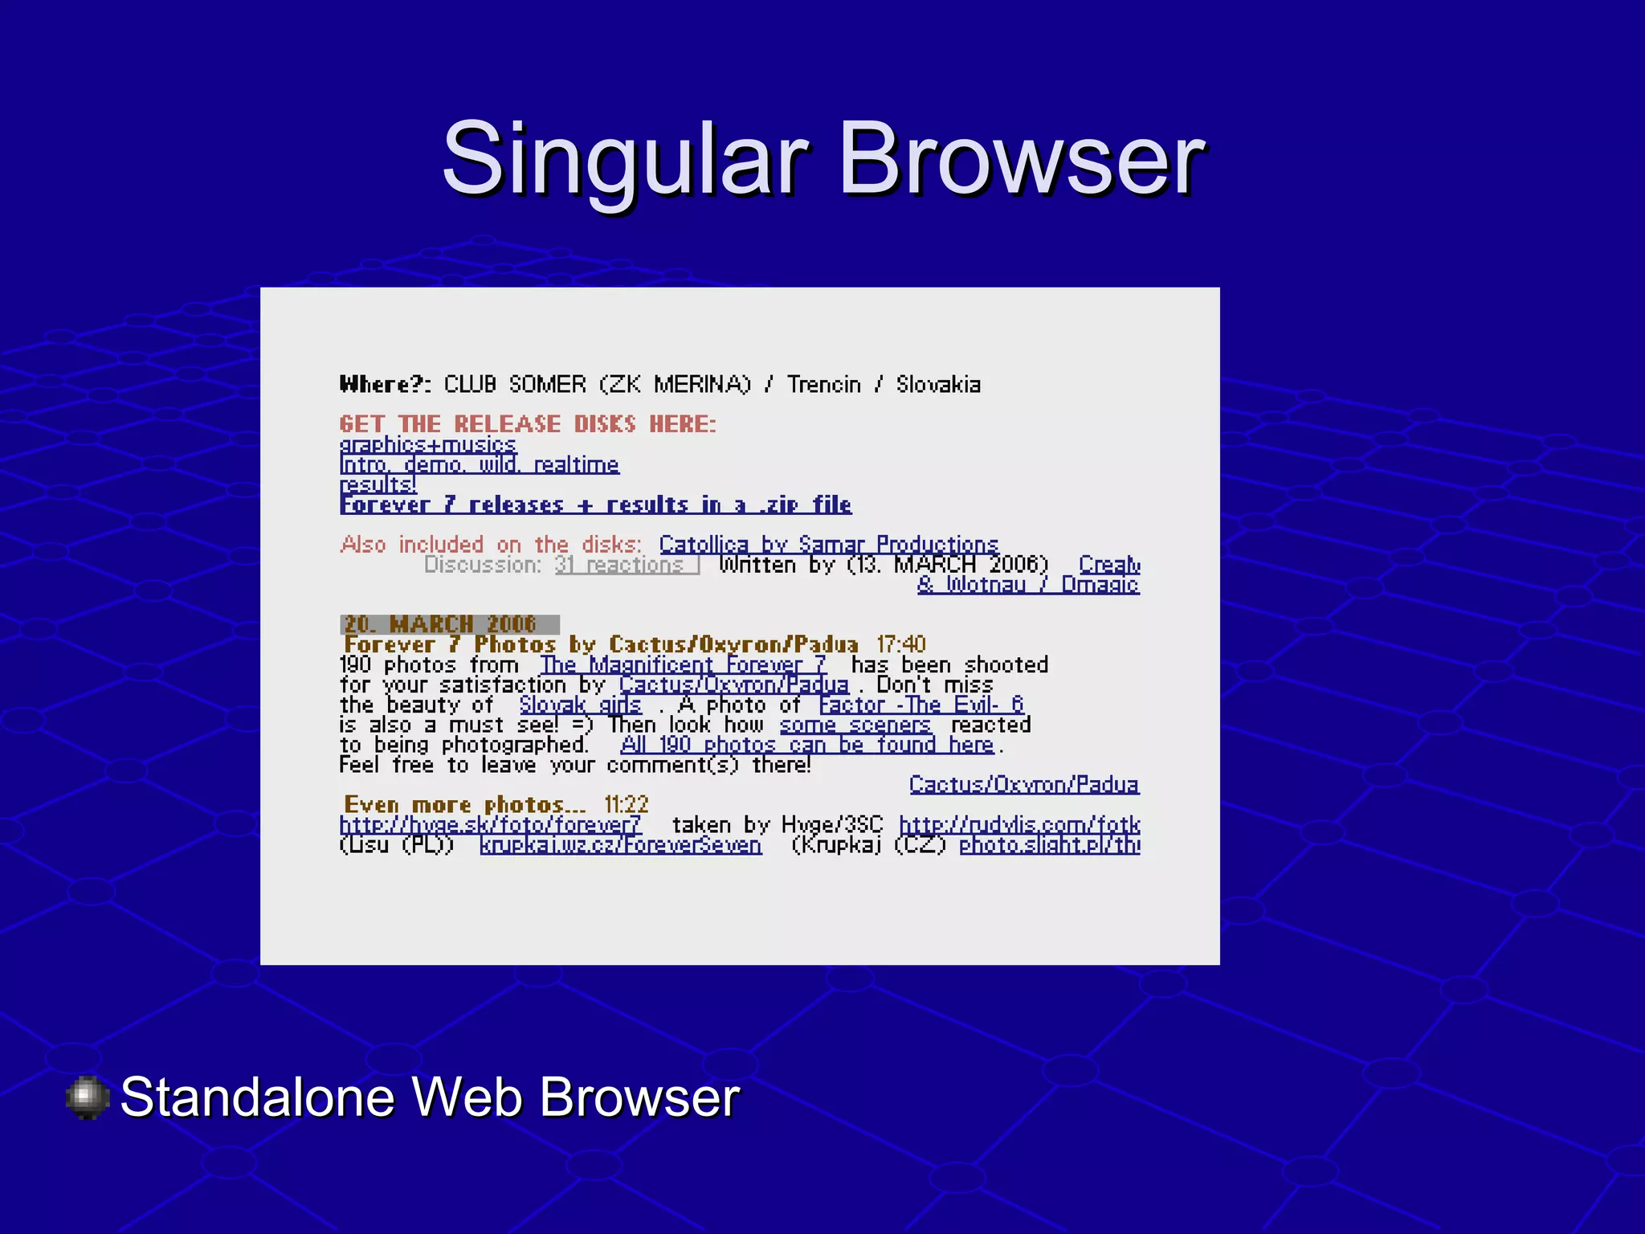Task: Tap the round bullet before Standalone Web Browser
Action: click(x=87, y=1097)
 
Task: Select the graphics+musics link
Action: click(x=427, y=444)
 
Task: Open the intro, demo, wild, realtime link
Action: click(x=480, y=465)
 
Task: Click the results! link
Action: click(x=378, y=485)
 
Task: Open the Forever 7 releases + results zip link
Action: click(x=595, y=505)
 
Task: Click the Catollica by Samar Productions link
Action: click(x=828, y=545)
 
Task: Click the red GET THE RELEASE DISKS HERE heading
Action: click(x=527, y=424)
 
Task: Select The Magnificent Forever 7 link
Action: click(x=683, y=665)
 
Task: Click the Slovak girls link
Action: click(x=580, y=705)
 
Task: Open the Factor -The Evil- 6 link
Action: click(x=921, y=705)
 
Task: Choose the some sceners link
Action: click(x=855, y=725)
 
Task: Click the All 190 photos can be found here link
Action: click(x=807, y=746)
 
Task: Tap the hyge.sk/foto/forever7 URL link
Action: click(x=490, y=825)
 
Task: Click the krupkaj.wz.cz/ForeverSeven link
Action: click(x=620, y=845)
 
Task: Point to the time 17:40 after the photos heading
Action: click(x=901, y=644)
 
